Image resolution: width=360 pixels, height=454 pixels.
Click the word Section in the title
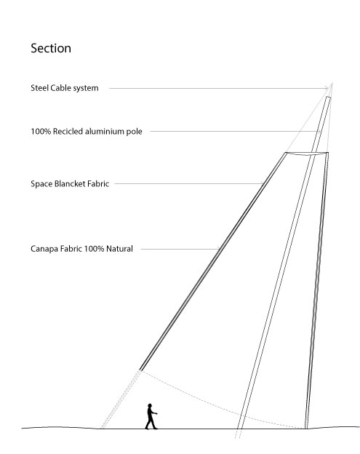(x=51, y=48)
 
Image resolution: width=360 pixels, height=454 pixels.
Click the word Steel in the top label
(x=40, y=88)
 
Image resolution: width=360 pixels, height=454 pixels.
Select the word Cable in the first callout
(x=60, y=88)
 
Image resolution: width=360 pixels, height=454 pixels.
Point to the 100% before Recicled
(x=41, y=132)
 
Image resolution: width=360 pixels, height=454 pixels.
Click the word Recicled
(x=68, y=132)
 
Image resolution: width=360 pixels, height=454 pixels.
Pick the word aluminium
(x=105, y=132)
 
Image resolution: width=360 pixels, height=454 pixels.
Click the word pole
(x=135, y=132)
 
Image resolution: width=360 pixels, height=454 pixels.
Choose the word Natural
(x=119, y=249)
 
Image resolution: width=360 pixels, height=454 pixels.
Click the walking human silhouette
(x=151, y=416)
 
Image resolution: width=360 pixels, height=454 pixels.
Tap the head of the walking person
(x=150, y=405)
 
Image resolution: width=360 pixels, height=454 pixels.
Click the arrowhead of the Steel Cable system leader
(x=327, y=88)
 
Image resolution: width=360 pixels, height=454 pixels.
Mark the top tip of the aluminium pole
(x=329, y=97)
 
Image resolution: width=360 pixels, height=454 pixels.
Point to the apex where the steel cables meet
(x=332, y=83)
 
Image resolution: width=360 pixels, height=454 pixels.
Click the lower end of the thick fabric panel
(x=140, y=370)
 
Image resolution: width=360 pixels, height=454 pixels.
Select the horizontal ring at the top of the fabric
(x=307, y=154)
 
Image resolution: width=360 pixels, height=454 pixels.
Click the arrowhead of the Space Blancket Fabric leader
(x=263, y=183)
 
